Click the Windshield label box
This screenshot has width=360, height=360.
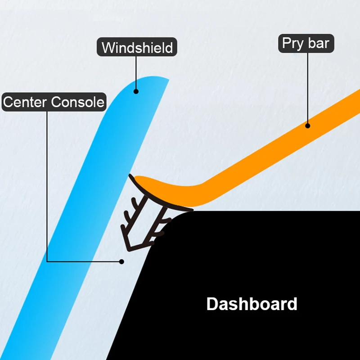[x=137, y=48]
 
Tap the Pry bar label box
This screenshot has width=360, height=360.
[x=306, y=43]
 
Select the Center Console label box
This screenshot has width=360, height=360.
[x=54, y=102]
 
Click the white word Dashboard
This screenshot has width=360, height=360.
[x=252, y=304]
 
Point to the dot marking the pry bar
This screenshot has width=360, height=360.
[x=308, y=126]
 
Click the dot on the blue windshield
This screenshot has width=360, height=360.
[x=135, y=91]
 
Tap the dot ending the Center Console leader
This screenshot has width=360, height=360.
[x=121, y=261]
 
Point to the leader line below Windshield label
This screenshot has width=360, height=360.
[x=135, y=72]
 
